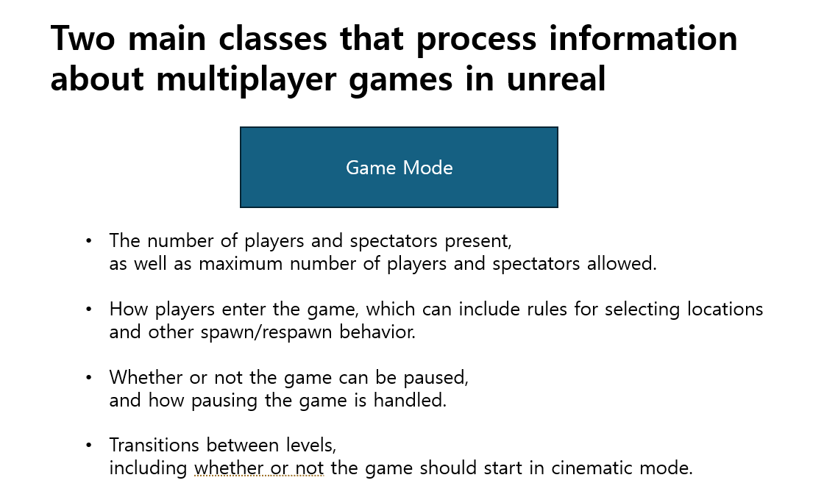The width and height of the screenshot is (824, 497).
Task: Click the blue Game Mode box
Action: coord(399,167)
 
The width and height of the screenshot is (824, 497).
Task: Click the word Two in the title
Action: coord(82,38)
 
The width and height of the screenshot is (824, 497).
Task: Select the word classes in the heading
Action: coord(272,38)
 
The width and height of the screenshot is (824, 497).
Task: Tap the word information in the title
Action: coord(643,38)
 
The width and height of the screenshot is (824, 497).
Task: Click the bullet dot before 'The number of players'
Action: coord(88,240)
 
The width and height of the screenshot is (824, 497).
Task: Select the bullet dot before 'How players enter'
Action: coord(88,309)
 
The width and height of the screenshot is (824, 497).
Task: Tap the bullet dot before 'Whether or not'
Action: coord(88,377)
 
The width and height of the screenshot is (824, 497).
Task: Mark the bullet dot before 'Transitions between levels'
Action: coord(88,446)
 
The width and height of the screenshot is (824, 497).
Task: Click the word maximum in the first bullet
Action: coord(241,263)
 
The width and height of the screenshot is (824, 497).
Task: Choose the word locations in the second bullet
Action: coord(725,309)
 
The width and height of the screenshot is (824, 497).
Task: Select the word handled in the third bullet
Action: coord(410,401)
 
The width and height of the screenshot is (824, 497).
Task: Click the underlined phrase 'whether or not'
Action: coord(258,468)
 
